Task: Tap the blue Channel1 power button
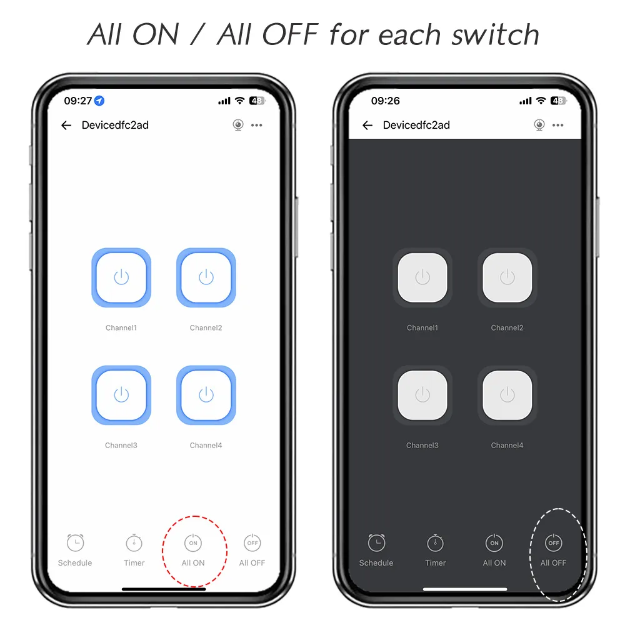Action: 121,277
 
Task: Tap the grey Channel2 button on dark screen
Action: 507,277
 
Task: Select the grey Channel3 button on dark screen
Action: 422,395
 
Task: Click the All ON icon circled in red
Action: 193,542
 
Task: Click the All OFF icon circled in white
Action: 553,542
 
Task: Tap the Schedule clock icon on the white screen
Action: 76,542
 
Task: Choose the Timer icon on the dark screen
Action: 435,542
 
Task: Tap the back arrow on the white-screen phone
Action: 66,125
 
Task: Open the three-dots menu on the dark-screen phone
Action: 557,125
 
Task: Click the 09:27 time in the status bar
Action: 78,101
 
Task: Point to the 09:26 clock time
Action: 386,101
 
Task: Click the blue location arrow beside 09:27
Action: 99,101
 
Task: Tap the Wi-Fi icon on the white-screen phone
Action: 239,101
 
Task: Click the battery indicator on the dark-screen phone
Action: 558,101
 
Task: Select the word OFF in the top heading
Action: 290,34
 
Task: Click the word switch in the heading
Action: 496,34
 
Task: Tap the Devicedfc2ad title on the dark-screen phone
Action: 416,125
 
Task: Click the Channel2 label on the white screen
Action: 206,327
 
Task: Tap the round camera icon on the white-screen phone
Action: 238,125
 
